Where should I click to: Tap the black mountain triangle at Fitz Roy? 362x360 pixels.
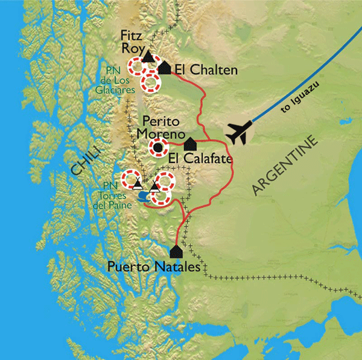click(x=147, y=57)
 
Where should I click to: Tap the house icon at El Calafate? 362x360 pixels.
click(x=190, y=144)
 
